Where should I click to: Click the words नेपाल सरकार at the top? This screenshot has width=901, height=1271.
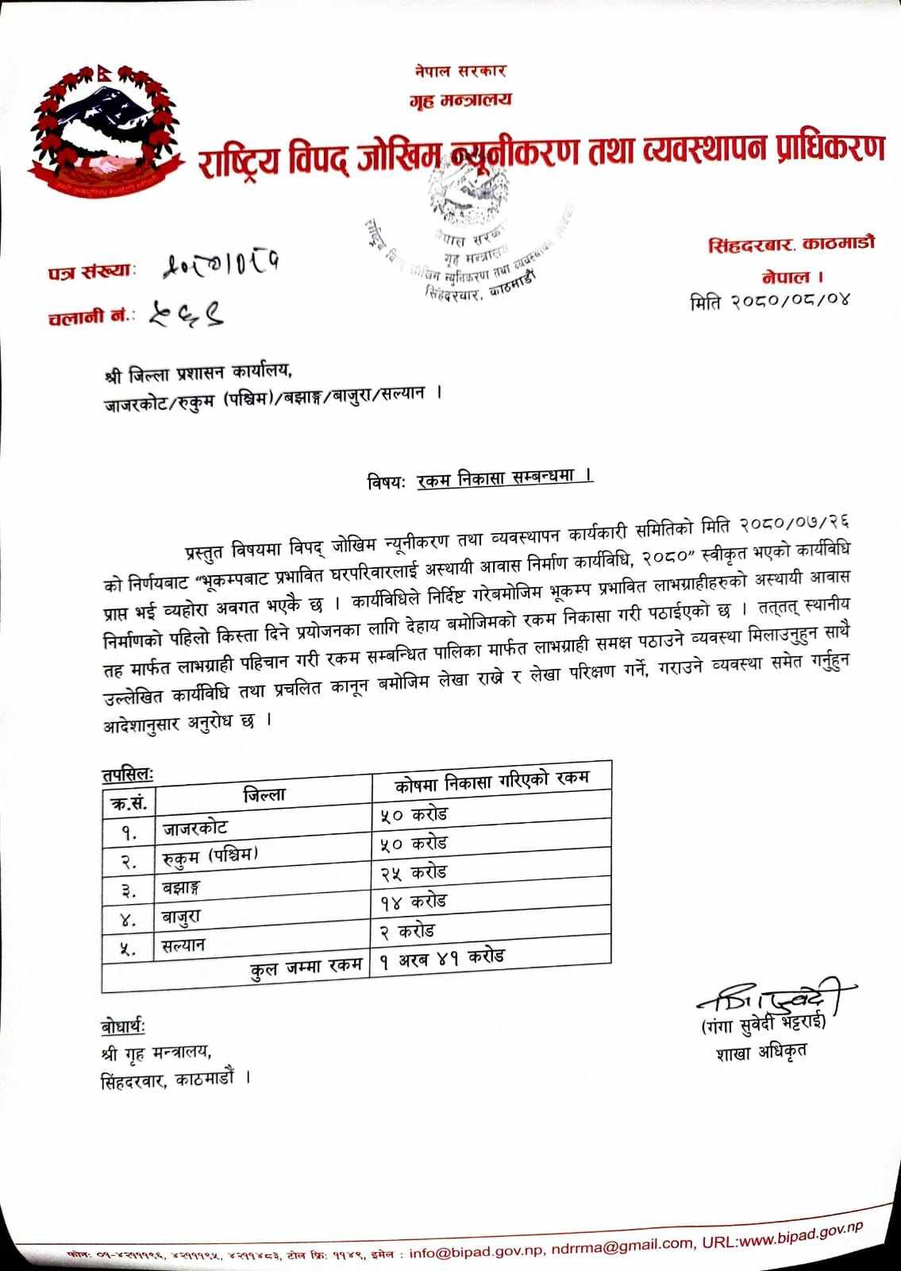[460, 71]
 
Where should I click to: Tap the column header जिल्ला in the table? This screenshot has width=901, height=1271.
[265, 794]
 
